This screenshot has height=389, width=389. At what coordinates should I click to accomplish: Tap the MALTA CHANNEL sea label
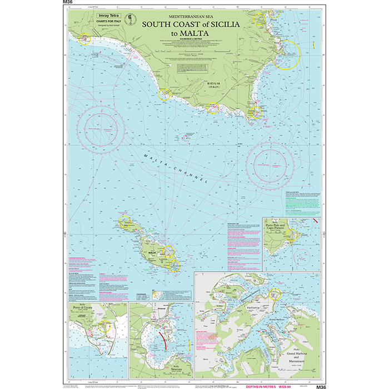175,168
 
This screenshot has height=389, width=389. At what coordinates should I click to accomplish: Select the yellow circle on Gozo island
124,221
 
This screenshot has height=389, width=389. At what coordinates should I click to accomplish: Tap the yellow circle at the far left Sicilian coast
85,39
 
